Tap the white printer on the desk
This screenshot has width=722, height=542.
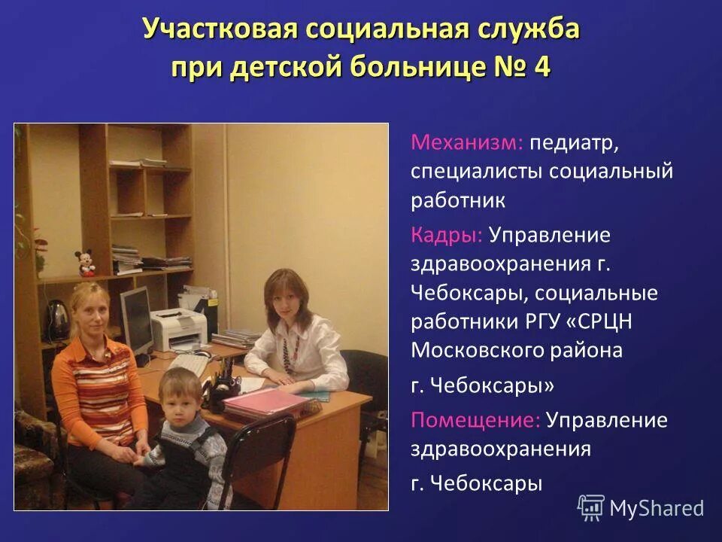179,328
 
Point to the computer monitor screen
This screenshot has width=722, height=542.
136,317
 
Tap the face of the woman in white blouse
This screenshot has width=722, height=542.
278,296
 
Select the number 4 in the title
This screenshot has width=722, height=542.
541,66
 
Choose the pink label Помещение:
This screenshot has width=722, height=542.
475,419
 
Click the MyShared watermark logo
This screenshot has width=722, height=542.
641,508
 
